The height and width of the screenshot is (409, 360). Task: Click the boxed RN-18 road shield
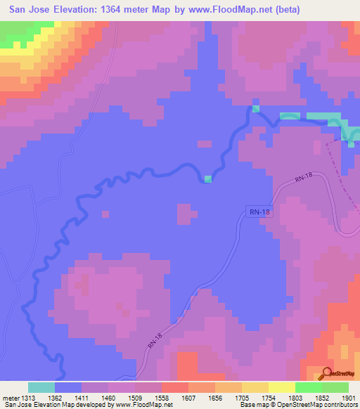[259, 211]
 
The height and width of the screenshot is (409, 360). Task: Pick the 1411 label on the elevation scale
[82, 397]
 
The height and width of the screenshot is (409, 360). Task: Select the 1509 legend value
[135, 397]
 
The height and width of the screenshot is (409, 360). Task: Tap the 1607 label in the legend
[189, 397]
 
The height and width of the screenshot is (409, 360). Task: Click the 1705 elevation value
[243, 397]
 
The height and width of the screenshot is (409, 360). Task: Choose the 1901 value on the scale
[348, 397]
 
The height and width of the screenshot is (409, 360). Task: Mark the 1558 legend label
[162, 397]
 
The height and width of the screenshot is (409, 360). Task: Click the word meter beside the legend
[10, 397]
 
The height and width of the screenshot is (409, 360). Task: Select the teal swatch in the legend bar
[41, 387]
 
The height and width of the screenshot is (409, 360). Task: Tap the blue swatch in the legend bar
[68, 387]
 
